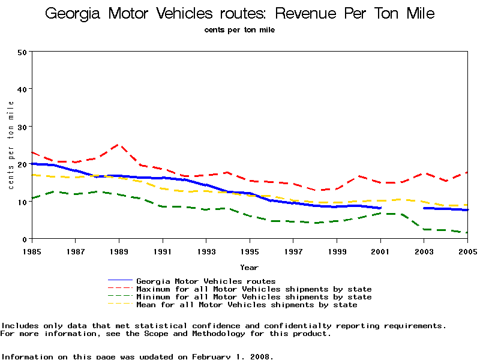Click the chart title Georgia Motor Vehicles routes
pos(240,14)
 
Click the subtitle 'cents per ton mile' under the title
pos(239,30)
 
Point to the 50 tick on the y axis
pos(23,52)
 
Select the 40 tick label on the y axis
pos(23,89)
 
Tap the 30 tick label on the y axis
pos(23,127)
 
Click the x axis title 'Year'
pos(250,267)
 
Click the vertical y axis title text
pos(11,145)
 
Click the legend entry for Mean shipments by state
pos(247,305)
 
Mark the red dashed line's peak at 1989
pos(118,145)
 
